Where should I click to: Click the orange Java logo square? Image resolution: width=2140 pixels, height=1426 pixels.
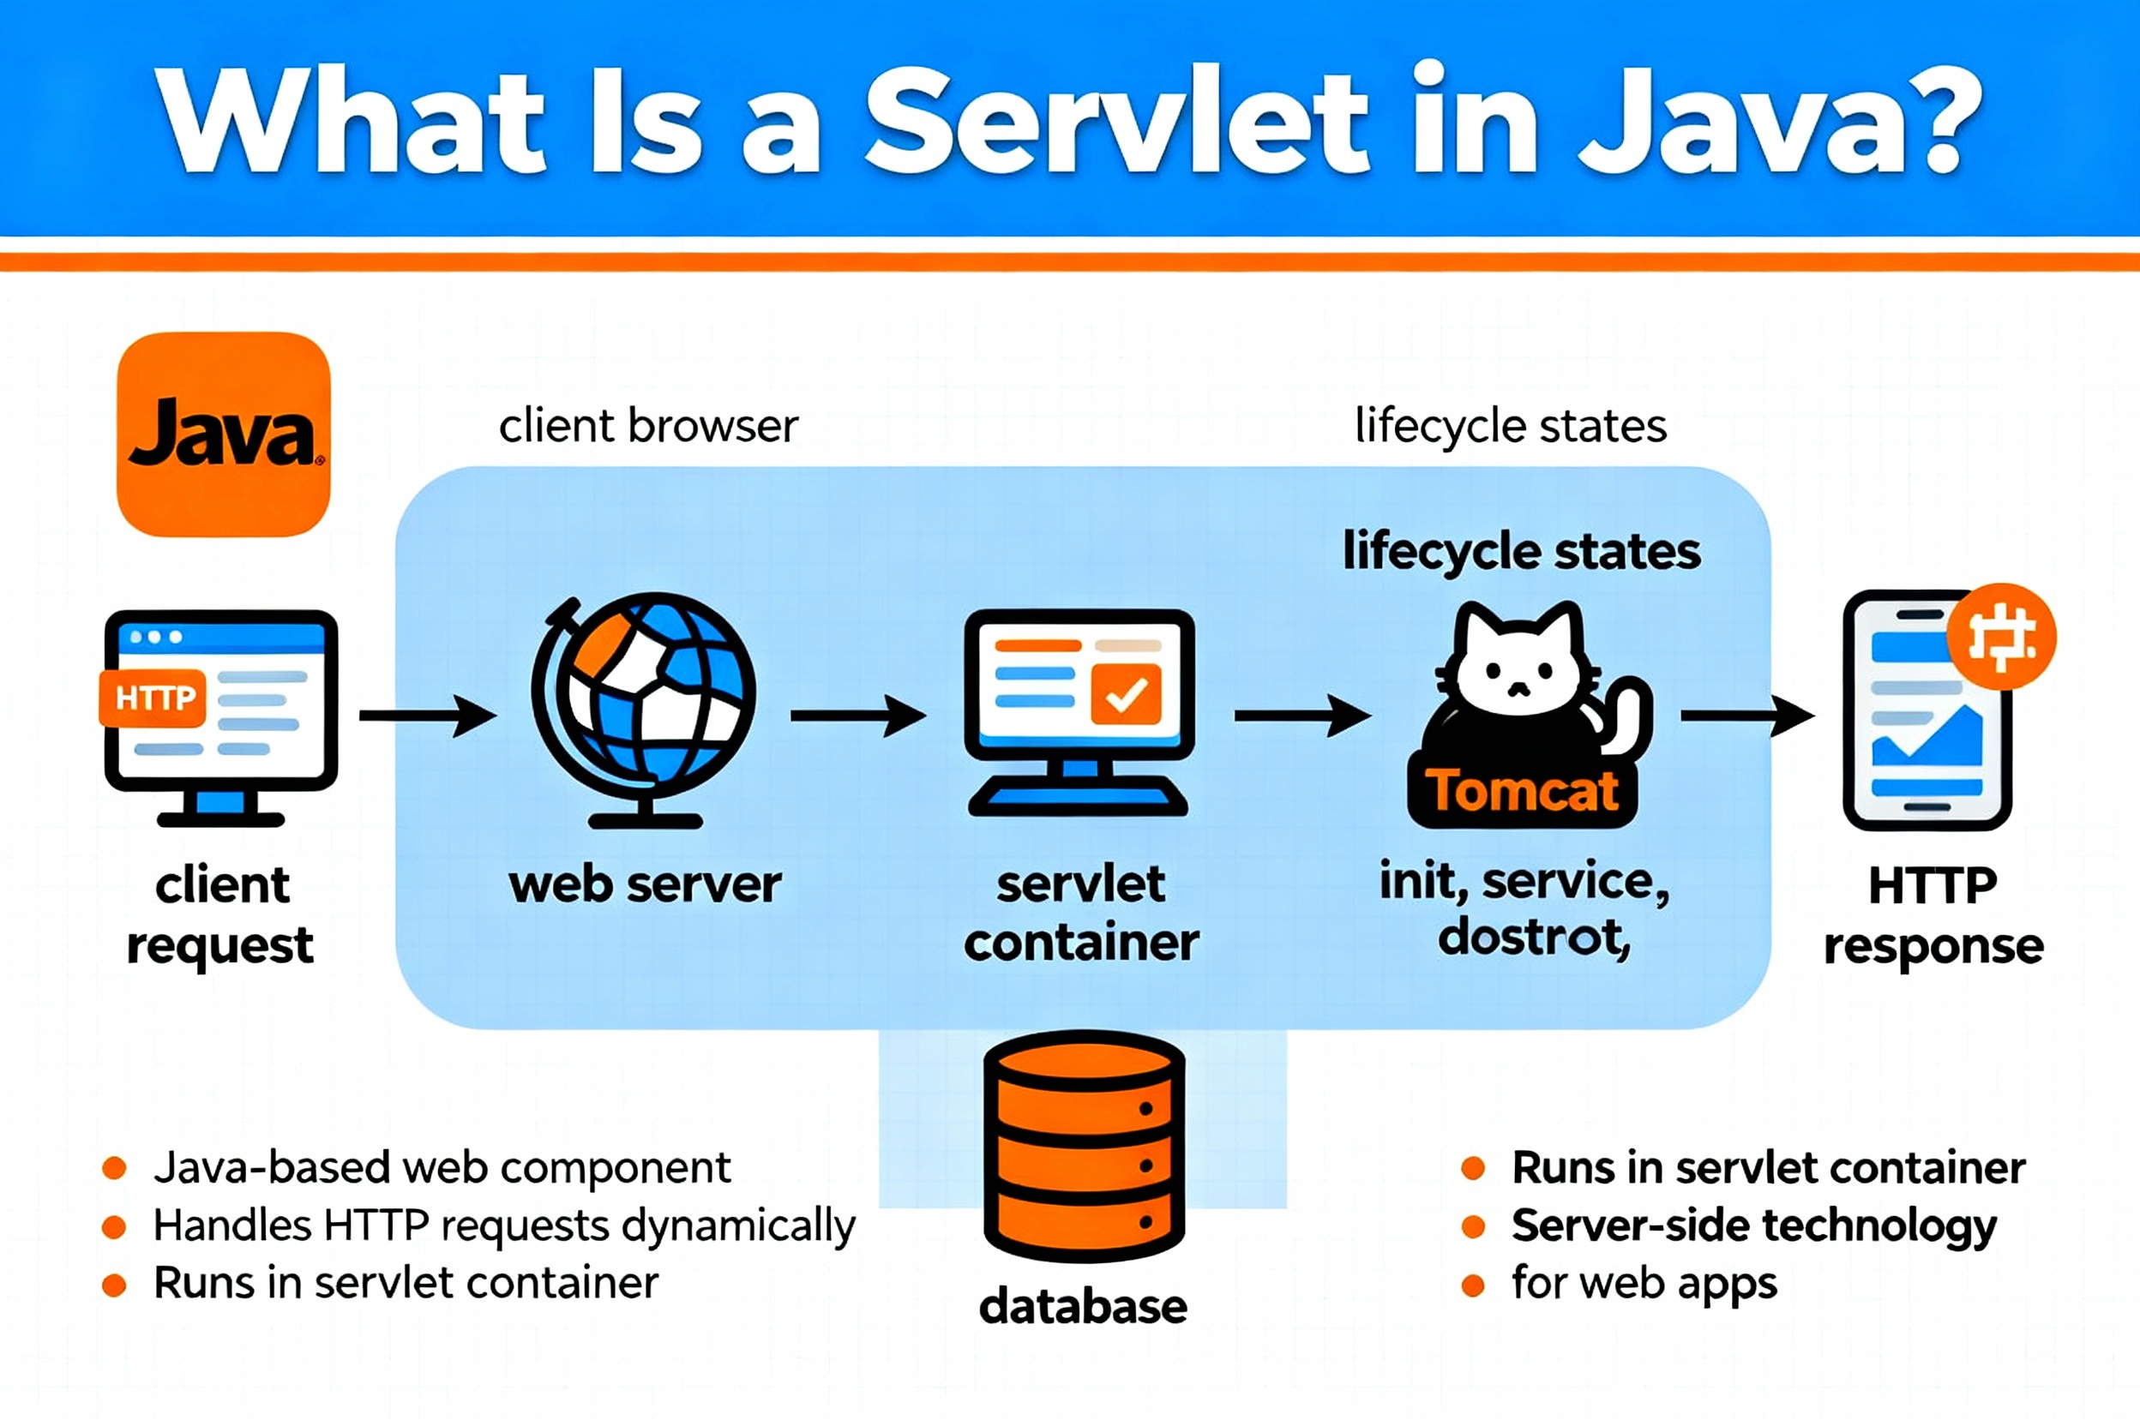tap(223, 434)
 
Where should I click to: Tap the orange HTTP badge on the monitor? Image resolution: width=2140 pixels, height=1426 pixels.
tap(153, 698)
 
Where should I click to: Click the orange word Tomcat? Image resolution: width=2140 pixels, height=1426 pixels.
tap(1521, 790)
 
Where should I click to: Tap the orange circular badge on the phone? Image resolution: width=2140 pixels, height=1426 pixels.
tap(2001, 637)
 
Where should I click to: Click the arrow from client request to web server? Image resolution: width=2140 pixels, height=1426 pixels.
tap(427, 716)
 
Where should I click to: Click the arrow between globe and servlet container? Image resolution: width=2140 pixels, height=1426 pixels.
tap(857, 716)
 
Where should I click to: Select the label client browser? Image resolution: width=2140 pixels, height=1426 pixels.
tap(648, 426)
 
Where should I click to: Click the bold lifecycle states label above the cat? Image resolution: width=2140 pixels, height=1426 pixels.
tap(1521, 551)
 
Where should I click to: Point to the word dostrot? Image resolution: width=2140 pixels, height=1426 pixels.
tap(1534, 937)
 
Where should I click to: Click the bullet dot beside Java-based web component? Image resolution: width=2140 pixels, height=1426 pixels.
tap(114, 1169)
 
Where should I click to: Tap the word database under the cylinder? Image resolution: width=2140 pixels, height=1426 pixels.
tap(1083, 1306)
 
